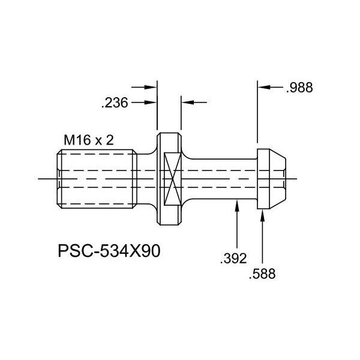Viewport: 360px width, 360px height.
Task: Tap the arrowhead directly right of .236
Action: (x=152, y=103)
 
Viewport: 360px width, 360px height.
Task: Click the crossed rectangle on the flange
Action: (x=172, y=179)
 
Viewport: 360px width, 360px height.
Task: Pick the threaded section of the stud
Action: (x=99, y=178)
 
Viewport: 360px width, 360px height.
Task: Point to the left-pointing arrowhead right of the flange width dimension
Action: (x=187, y=103)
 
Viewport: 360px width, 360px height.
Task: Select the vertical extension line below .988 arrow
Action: (x=257, y=120)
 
